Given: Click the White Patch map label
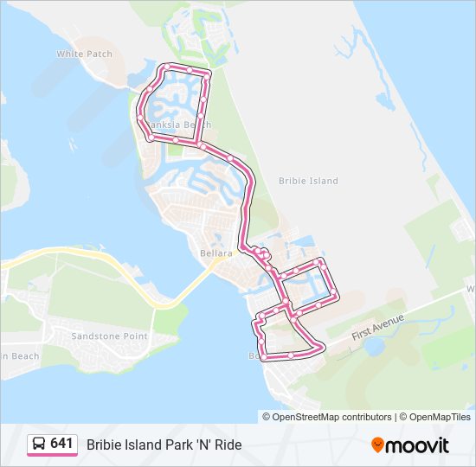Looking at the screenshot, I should point(85,54).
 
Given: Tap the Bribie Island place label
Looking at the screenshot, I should point(308,181).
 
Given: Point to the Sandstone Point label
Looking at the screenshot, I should point(109,336).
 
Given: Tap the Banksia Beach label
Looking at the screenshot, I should point(179,125).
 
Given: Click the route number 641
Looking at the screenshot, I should point(61,444).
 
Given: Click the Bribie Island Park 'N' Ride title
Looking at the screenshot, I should point(164,445).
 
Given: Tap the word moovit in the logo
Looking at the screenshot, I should point(418,445).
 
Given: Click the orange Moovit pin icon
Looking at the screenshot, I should point(378,445).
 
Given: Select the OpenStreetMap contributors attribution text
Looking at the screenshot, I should point(332,417).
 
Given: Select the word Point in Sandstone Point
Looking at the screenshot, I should point(134,336).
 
